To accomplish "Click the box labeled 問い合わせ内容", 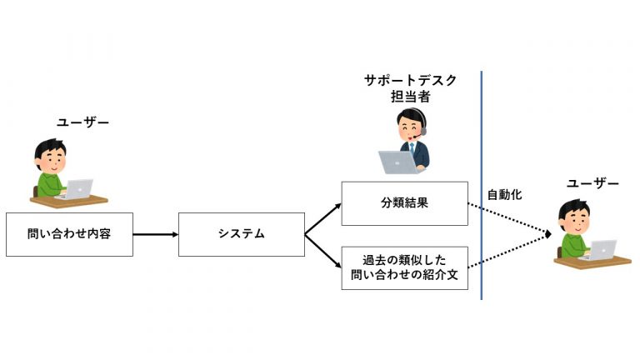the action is (x=69, y=234).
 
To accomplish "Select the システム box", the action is (x=242, y=234).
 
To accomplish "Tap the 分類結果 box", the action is (x=404, y=203).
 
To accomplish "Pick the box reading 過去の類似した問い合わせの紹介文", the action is (x=404, y=267).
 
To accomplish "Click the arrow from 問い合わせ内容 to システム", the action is (x=156, y=234).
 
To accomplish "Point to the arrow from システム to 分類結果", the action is (x=322, y=219).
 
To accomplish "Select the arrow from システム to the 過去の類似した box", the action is (x=322, y=251).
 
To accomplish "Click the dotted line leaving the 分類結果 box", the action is (x=509, y=219).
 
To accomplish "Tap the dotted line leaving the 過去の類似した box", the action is (x=509, y=251).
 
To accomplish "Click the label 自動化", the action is (x=504, y=195).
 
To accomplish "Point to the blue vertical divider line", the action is (x=481, y=185).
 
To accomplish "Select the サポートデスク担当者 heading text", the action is (x=410, y=88).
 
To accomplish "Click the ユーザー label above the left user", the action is (x=82, y=122).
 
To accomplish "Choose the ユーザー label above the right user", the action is (x=592, y=183).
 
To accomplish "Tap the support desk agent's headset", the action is (x=421, y=122).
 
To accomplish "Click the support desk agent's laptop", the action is (x=397, y=162).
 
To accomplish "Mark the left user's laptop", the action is (x=77, y=189).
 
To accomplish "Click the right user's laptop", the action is (x=600, y=250).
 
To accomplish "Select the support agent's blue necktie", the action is (x=412, y=147).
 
